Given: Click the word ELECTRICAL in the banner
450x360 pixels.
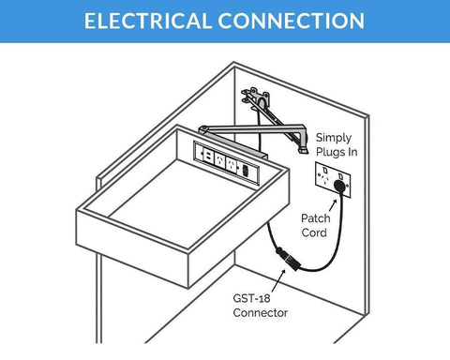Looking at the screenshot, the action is [x=148, y=21].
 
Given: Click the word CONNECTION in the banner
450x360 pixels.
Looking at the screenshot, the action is [x=292, y=21].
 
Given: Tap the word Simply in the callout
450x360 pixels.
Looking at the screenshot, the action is [x=334, y=138].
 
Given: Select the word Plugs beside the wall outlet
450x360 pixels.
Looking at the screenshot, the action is [x=327, y=152].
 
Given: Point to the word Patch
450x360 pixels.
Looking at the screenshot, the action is [x=316, y=218].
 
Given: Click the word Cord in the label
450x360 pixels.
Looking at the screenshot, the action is [x=314, y=232].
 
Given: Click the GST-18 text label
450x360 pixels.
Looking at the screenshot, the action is [x=251, y=298].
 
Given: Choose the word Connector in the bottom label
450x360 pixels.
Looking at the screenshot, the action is [x=261, y=312].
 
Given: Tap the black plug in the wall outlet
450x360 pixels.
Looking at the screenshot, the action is [x=339, y=186].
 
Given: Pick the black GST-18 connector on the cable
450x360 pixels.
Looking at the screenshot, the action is [x=289, y=259].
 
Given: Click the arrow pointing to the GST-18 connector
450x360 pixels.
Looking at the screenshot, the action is [x=278, y=280].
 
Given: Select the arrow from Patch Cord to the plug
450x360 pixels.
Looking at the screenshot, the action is [x=333, y=205].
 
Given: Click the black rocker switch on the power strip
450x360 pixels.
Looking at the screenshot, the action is [x=246, y=171].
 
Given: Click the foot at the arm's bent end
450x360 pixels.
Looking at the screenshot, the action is [x=303, y=150].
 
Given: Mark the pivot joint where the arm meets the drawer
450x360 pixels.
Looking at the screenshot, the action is [x=203, y=129].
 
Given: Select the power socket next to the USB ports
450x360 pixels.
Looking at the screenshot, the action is [x=218, y=159].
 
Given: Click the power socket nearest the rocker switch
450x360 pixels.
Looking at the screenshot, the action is [x=232, y=164].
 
